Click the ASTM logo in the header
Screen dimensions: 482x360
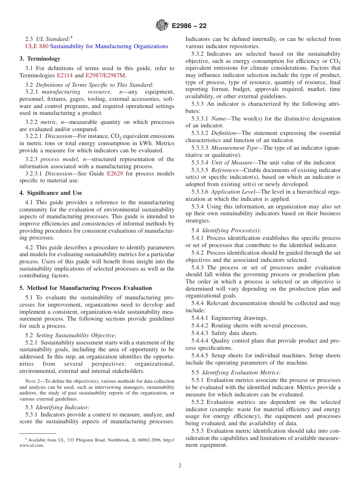162,26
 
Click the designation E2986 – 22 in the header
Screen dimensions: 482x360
189,26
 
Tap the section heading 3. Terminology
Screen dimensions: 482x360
40,59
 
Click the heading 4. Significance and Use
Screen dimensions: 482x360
51,193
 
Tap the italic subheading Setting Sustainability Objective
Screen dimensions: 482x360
76,335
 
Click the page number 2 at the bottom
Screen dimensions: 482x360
180,466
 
